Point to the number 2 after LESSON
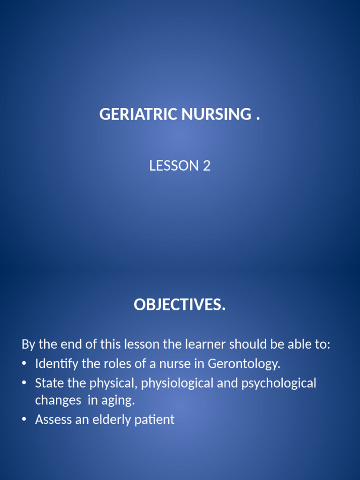point(207,165)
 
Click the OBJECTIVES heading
point(180,305)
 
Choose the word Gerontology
point(244,364)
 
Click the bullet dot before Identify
point(24,364)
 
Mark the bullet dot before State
point(24,383)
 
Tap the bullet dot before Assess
point(24,420)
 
